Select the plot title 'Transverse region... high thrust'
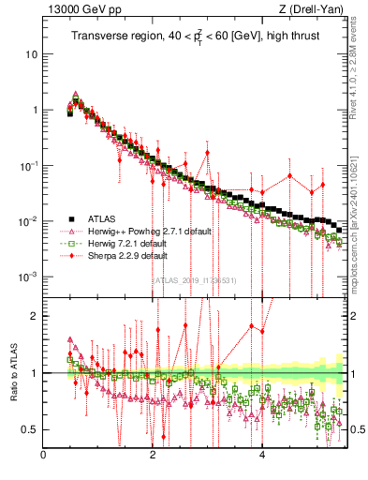[198, 37]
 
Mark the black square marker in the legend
[70, 218]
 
